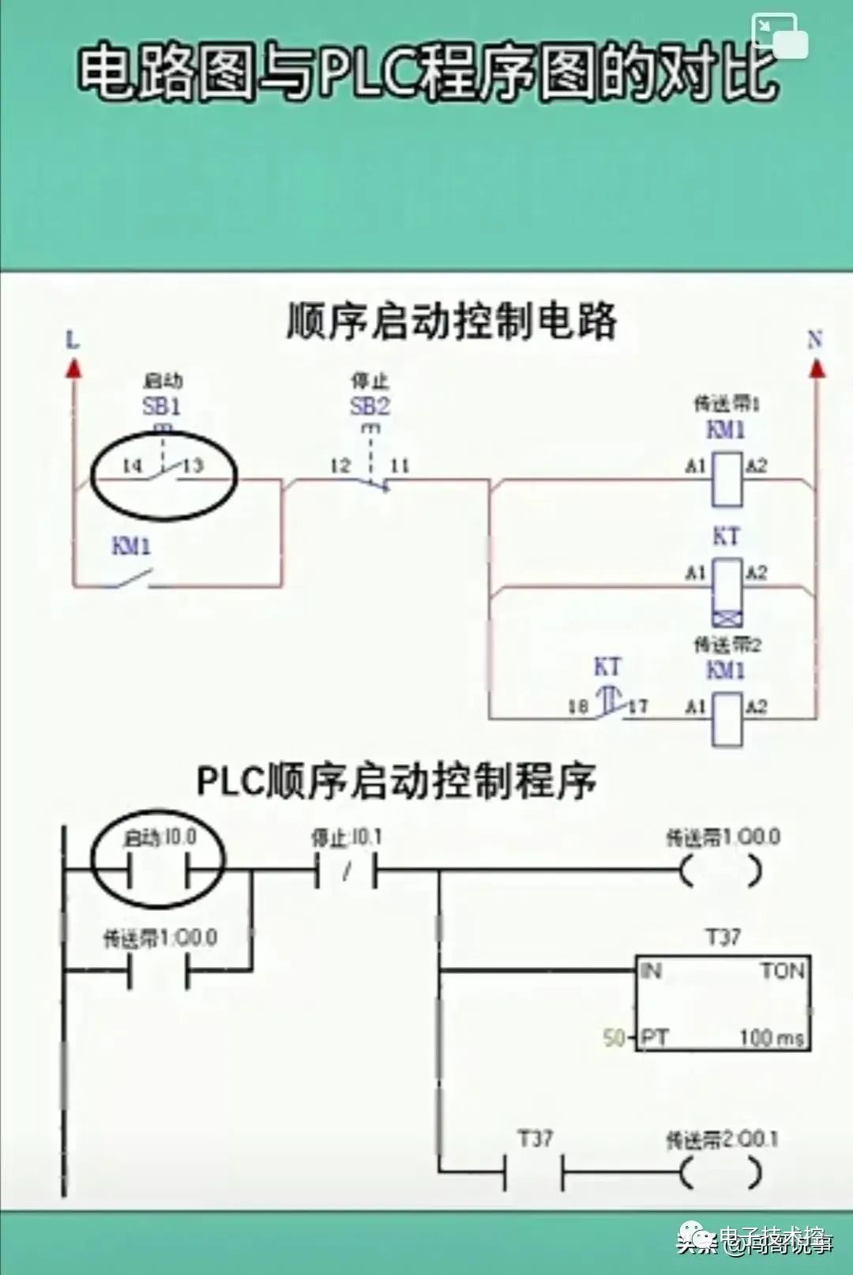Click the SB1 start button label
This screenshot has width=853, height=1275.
pyautogui.click(x=162, y=406)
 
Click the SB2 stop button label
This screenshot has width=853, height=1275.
pyautogui.click(x=370, y=407)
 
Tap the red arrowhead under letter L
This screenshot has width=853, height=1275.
pyautogui.click(x=73, y=367)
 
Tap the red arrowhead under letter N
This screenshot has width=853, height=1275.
pyautogui.click(x=817, y=367)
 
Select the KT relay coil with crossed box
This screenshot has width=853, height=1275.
pyautogui.click(x=727, y=591)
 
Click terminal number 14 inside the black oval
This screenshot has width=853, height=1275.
pyautogui.click(x=131, y=465)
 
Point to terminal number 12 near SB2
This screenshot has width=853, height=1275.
pyautogui.click(x=340, y=465)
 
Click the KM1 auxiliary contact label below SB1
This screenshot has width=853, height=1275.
pyautogui.click(x=131, y=546)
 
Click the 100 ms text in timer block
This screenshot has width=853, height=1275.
pyautogui.click(x=771, y=1037)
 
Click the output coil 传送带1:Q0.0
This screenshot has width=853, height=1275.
pyautogui.click(x=721, y=871)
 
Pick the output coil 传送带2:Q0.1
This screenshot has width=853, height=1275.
pyautogui.click(x=721, y=1173)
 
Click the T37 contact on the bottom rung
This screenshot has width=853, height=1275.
pyautogui.click(x=534, y=1173)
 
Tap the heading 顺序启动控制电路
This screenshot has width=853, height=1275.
pyautogui.click(x=451, y=322)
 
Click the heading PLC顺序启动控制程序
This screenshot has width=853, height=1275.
pyautogui.click(x=395, y=780)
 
